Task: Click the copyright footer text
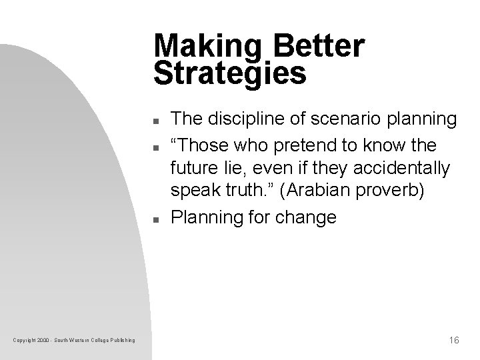[75, 341]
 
